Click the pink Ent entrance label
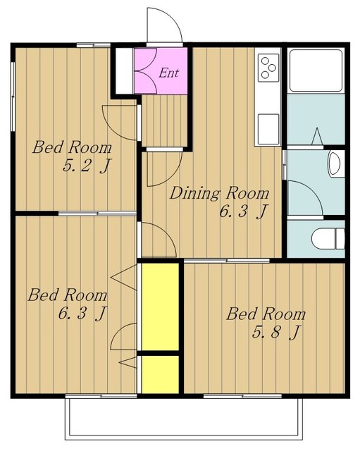(169, 73)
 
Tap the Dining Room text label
(219, 193)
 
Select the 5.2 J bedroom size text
(87, 166)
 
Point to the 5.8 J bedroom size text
(276, 333)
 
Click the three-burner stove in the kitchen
(268, 68)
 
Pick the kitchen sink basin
(268, 129)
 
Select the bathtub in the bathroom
(316, 70)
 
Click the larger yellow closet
(160, 307)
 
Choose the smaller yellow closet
(160, 374)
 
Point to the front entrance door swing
(164, 25)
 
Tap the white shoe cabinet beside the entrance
(125, 70)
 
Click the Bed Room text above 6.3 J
(68, 295)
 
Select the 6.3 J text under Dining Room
(244, 212)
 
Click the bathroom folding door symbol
(316, 136)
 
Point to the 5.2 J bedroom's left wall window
(13, 97)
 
